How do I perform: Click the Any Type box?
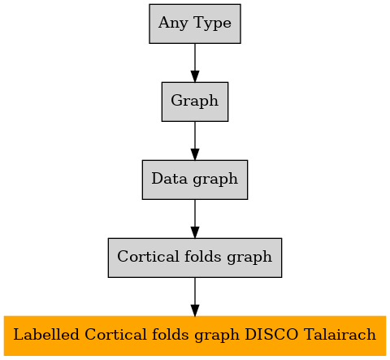(195, 24)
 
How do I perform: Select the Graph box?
(195, 102)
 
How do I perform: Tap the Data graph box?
(195, 180)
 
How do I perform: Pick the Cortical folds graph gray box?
(195, 258)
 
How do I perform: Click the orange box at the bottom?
(195, 336)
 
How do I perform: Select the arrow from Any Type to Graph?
(195, 63)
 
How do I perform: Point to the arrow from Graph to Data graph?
(195, 141)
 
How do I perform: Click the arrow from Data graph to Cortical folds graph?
(195, 219)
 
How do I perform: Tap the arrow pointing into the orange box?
(195, 297)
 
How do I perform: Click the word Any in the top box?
(173, 23)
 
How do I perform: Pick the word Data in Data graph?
(169, 179)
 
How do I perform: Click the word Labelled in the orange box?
(46, 334)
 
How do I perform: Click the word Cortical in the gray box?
(149, 256)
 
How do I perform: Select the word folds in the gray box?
(203, 256)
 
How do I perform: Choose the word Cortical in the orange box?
(115, 334)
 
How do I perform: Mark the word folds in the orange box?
(170, 334)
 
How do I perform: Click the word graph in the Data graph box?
(215, 180)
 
